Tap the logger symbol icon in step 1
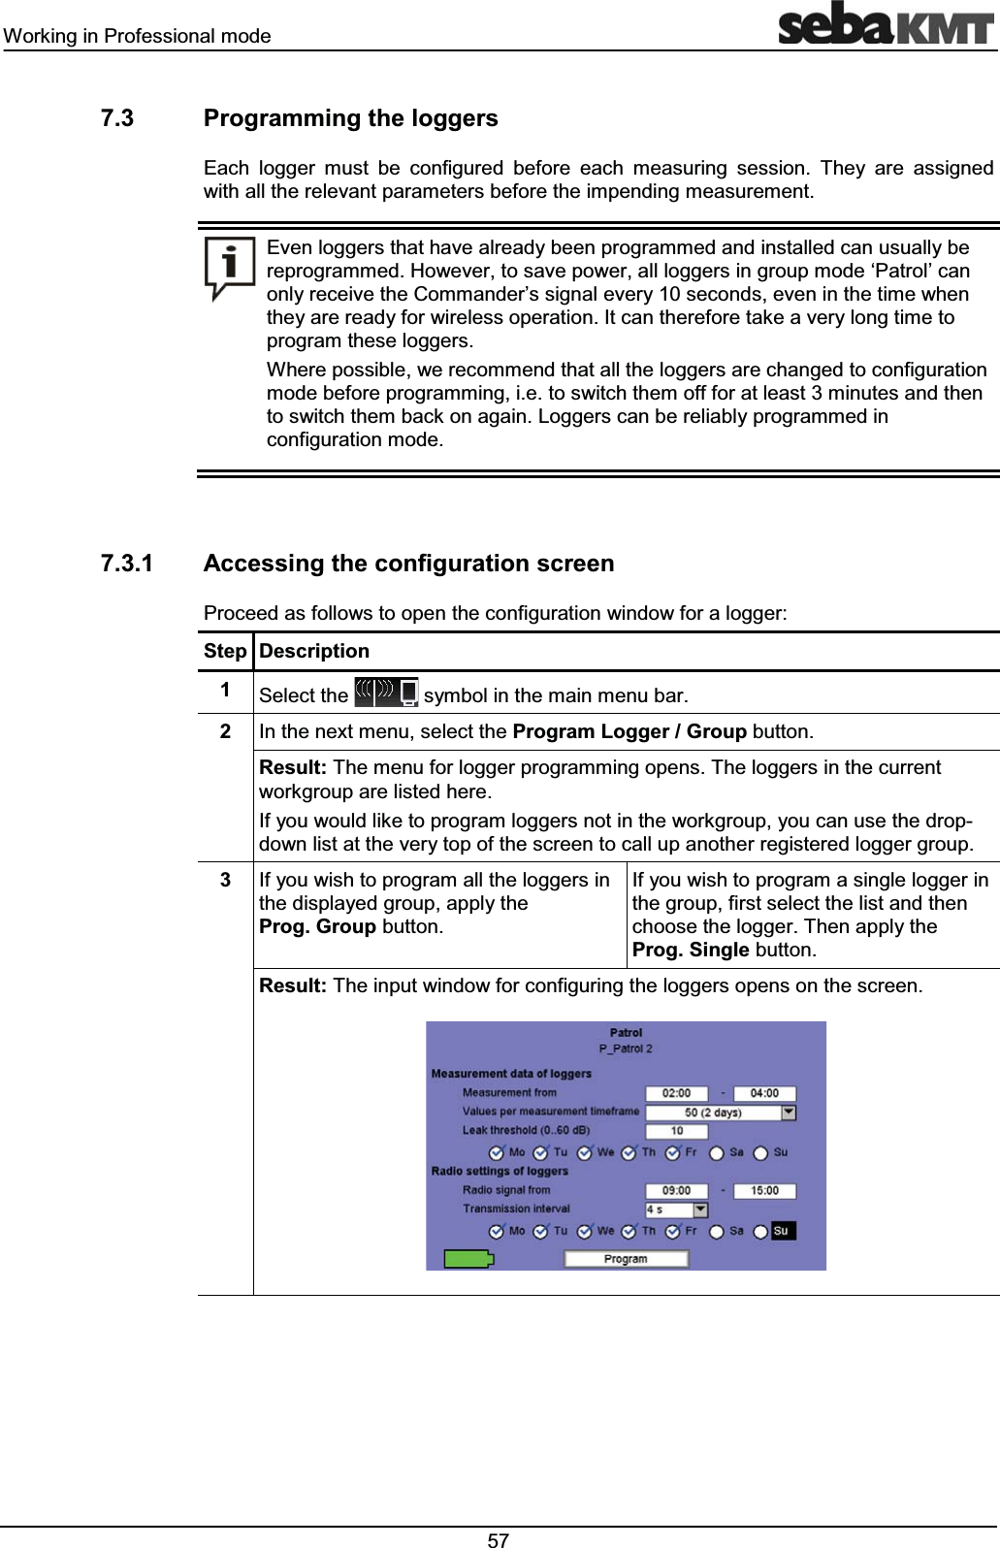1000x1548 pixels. tap(386, 693)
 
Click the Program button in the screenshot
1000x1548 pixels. tap(626, 1259)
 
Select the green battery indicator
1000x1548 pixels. tap(468, 1259)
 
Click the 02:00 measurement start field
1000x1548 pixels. tap(676, 1093)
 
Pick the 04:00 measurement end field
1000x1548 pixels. tap(764, 1093)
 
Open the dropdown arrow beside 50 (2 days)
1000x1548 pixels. tap(789, 1113)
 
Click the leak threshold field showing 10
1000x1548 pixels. tap(676, 1131)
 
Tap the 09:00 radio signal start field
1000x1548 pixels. tap(676, 1190)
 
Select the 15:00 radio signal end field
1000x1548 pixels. tap(764, 1190)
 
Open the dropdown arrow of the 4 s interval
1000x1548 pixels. tap(700, 1209)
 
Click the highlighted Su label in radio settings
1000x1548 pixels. tap(782, 1231)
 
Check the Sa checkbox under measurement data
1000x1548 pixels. tap(717, 1153)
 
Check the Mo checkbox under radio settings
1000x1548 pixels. tap(497, 1231)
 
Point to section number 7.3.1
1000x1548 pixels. tap(127, 564)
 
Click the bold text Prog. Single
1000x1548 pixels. tap(691, 950)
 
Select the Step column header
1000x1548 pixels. tap(225, 652)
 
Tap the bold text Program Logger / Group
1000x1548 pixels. tap(629, 731)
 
